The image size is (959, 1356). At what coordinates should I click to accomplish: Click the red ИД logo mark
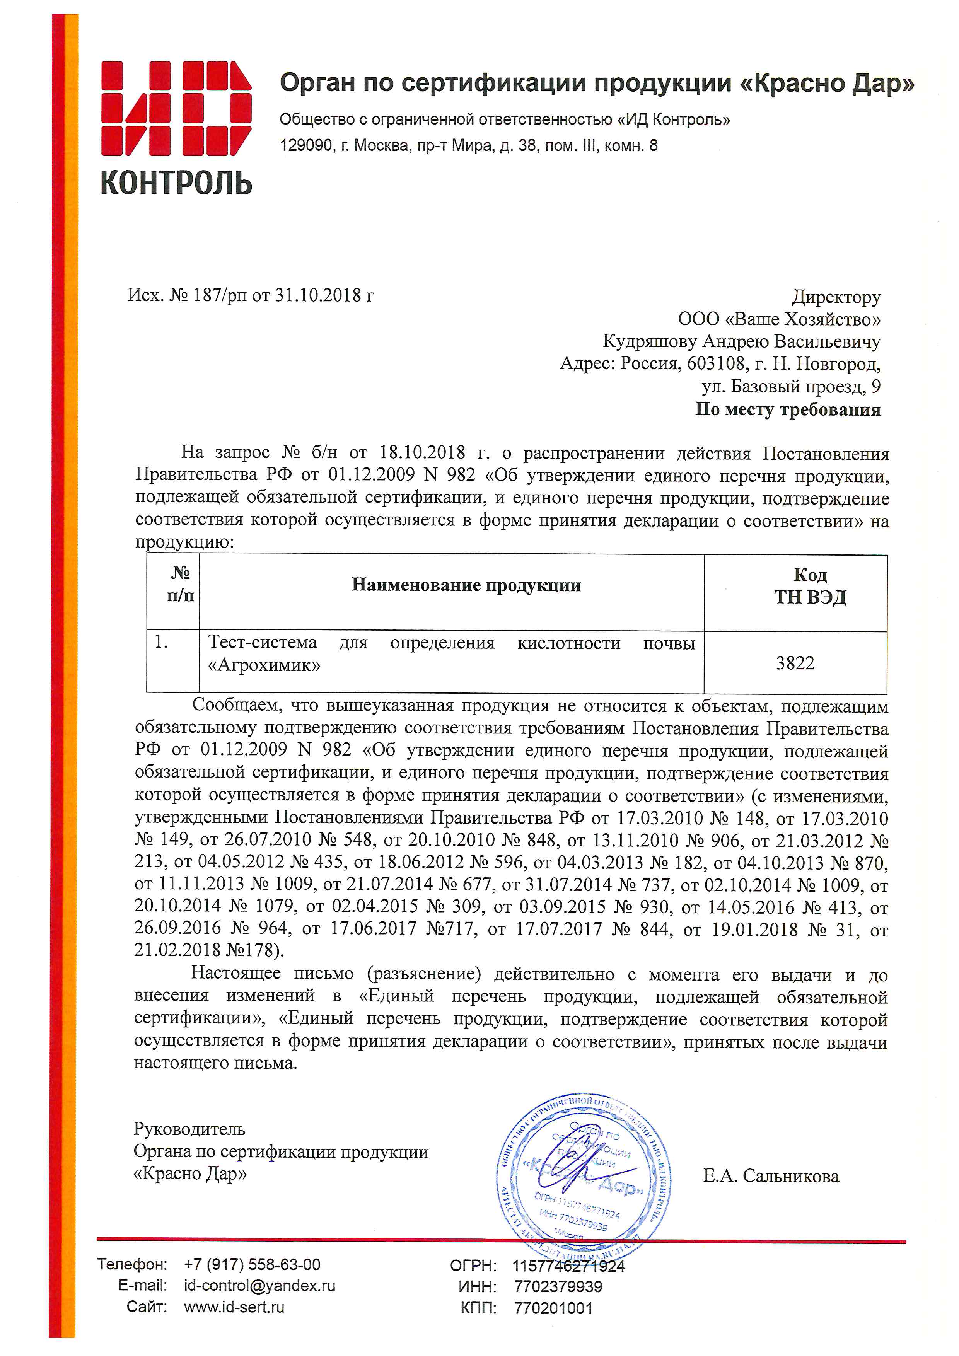pos(176,108)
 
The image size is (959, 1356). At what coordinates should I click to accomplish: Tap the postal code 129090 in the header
pos(306,145)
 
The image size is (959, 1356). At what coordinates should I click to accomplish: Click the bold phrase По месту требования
pos(787,409)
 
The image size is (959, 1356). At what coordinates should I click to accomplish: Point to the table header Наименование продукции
pos(466,585)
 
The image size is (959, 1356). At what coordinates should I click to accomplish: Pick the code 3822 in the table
pos(795,663)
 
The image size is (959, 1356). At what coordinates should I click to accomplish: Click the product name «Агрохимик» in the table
pos(264,665)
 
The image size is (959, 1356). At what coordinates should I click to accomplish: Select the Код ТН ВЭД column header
pos(810,586)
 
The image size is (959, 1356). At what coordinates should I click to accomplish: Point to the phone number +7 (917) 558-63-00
pos(252,1264)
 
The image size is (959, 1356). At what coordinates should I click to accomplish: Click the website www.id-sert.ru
pos(234,1307)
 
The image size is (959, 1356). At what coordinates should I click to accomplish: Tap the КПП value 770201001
pos(553,1308)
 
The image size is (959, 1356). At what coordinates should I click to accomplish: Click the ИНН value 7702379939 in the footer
pos(558,1286)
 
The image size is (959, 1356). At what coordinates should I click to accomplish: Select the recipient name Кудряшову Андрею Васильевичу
pos(741,341)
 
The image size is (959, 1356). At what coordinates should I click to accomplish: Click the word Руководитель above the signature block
pos(189,1129)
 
